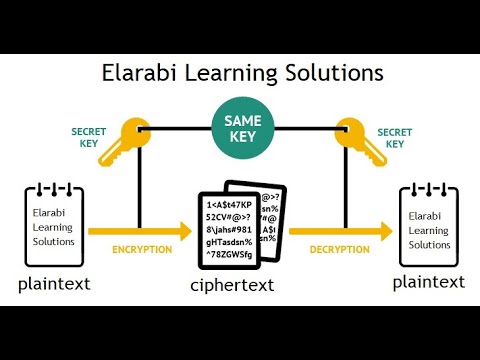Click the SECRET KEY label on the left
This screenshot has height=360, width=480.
click(x=89, y=137)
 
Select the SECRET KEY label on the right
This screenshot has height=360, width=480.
click(x=394, y=137)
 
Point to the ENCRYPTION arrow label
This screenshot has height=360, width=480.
click(x=141, y=248)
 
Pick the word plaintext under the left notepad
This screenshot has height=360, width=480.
click(x=54, y=283)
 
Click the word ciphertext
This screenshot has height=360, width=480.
click(x=232, y=288)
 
